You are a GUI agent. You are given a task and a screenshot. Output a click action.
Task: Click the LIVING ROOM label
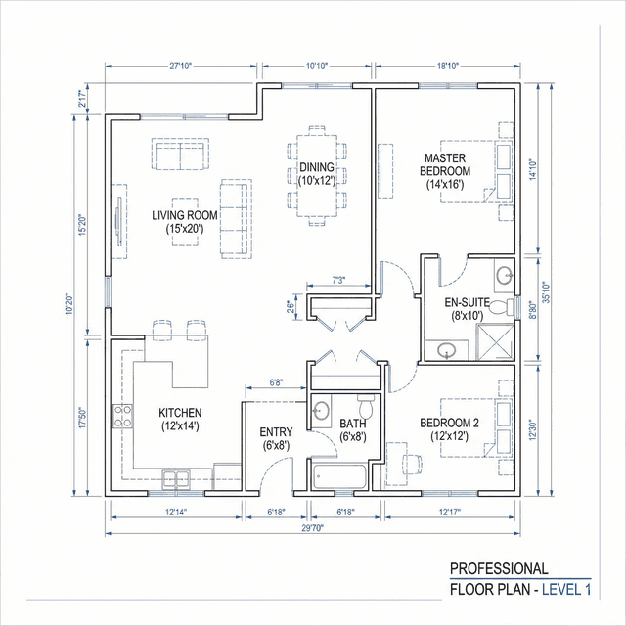(184, 221)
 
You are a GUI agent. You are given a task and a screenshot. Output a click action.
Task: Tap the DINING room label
(317, 173)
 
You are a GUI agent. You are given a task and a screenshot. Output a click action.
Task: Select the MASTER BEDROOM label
(445, 170)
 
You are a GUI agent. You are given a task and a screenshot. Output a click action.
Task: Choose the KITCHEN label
(181, 419)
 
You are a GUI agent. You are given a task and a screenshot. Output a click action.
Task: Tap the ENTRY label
(276, 438)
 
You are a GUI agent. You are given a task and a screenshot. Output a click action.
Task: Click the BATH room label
(352, 430)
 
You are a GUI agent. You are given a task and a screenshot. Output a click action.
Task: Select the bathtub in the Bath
(339, 476)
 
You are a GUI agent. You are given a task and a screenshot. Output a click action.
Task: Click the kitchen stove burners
(123, 416)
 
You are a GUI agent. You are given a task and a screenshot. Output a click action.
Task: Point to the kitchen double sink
(178, 477)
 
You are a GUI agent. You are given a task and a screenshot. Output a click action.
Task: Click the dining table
(317, 175)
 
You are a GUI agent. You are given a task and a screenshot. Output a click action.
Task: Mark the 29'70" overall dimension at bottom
(313, 527)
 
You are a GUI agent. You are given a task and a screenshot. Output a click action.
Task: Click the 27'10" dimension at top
(181, 67)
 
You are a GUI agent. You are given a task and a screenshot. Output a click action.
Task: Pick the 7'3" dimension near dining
(338, 281)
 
